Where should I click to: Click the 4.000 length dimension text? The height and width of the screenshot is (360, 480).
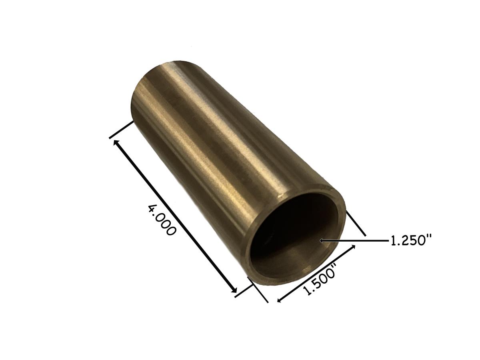tap(162, 220)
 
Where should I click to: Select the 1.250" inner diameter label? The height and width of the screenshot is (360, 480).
tap(411, 241)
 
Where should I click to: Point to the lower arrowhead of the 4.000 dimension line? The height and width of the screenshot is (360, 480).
tap(235, 291)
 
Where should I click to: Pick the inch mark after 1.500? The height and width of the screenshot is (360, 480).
tap(336, 266)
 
